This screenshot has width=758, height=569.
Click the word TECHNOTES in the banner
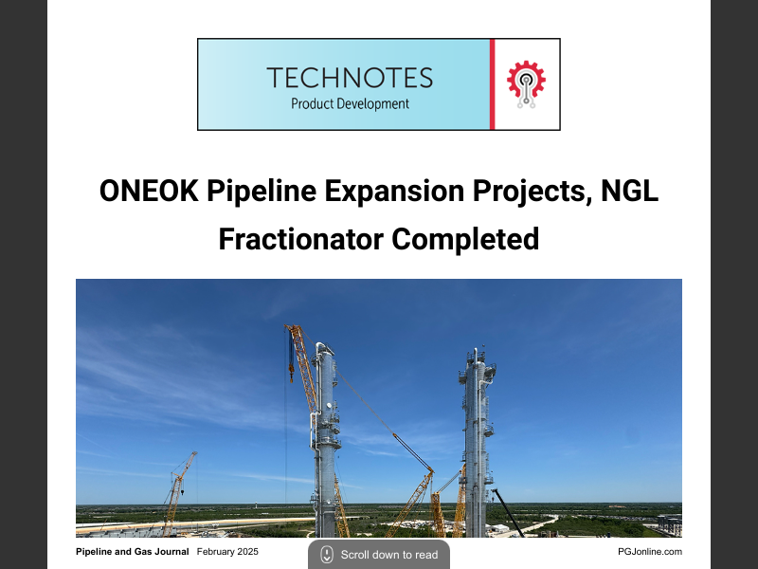350,77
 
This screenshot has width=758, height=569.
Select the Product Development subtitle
350,103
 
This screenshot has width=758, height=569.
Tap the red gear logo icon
525,83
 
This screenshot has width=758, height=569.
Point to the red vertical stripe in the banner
492,84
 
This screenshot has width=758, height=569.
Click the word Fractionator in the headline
300,239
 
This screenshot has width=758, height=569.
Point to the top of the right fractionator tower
477,353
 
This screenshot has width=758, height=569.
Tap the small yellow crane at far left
178,488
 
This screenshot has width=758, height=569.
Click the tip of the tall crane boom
290,328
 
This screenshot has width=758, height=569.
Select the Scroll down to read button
379,554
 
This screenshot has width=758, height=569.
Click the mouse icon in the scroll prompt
327,554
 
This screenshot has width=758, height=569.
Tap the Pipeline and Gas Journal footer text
132,551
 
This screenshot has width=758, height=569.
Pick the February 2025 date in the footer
227,551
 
